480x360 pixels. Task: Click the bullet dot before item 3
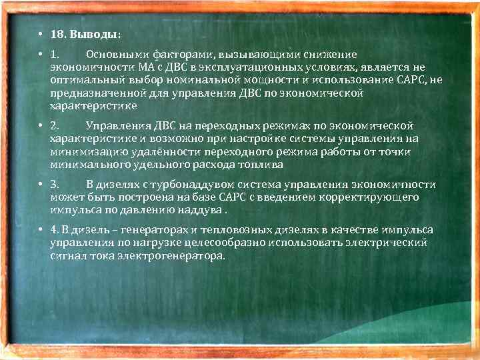[40, 185]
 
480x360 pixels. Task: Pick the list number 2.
[54, 126]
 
